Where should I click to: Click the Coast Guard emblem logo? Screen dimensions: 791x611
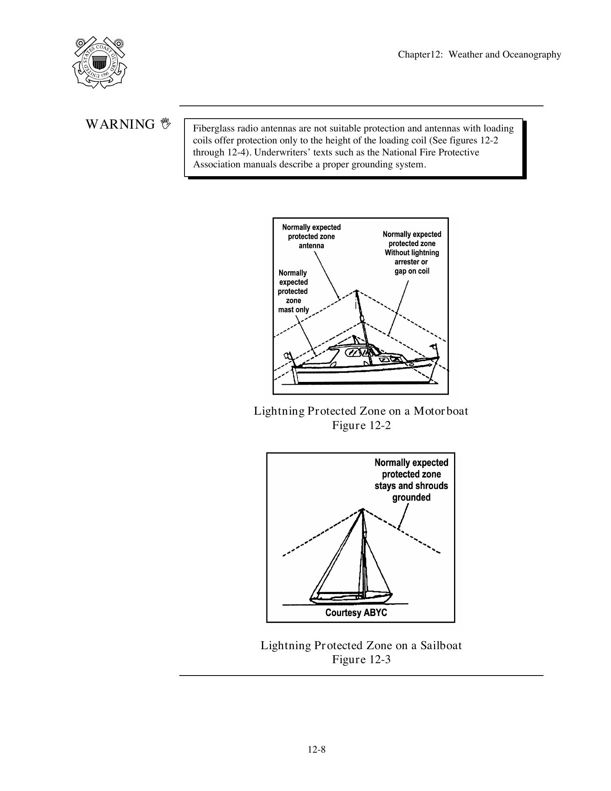(99, 62)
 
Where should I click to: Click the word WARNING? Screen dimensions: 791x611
(120, 125)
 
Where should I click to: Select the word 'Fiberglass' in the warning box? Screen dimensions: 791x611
(212, 129)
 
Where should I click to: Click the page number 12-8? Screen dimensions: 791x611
(316, 749)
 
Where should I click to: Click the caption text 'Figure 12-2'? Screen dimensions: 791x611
(361, 425)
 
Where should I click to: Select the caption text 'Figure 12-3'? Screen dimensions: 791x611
(361, 659)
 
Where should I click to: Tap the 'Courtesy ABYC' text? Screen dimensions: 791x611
(356, 612)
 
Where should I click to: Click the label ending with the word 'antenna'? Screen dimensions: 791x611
(311, 237)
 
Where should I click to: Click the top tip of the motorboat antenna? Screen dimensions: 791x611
(357, 291)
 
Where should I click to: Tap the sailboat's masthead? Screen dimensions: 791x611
(363, 510)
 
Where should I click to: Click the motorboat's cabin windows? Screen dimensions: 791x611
(357, 352)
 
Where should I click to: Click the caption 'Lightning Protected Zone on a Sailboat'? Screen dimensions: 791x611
(361, 645)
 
